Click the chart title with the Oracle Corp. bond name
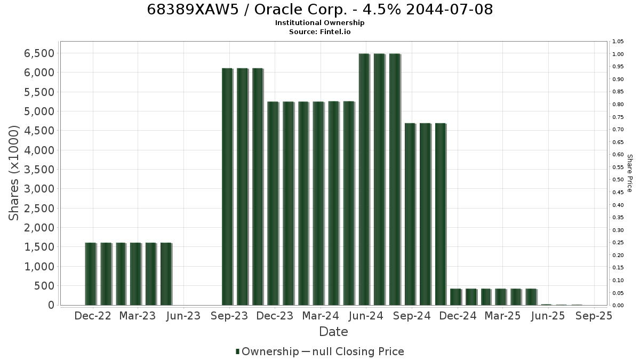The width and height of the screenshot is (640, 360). click(319, 10)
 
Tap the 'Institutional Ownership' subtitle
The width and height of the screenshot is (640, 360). click(319, 23)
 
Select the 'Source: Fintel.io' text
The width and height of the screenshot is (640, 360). click(319, 31)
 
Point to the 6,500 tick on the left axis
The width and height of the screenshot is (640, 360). click(39, 53)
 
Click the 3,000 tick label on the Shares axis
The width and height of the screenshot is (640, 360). click(39, 189)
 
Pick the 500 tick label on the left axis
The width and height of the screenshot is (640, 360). click(44, 286)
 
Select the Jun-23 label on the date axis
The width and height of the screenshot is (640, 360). click(183, 316)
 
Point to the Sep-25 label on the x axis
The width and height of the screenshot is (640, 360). click(594, 316)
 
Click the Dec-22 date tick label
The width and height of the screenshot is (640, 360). click(93, 316)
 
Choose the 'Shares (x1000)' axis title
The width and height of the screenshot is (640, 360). click(13, 173)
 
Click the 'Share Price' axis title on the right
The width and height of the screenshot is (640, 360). click(629, 173)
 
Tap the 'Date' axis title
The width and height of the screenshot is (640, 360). click(333, 332)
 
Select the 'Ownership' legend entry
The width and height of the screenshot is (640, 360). click(267, 351)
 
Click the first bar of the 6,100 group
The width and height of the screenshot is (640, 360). click(227, 187)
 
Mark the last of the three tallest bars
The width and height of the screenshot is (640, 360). click(395, 179)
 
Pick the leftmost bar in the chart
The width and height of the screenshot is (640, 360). click(91, 274)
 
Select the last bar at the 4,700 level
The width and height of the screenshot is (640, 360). click(441, 214)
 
